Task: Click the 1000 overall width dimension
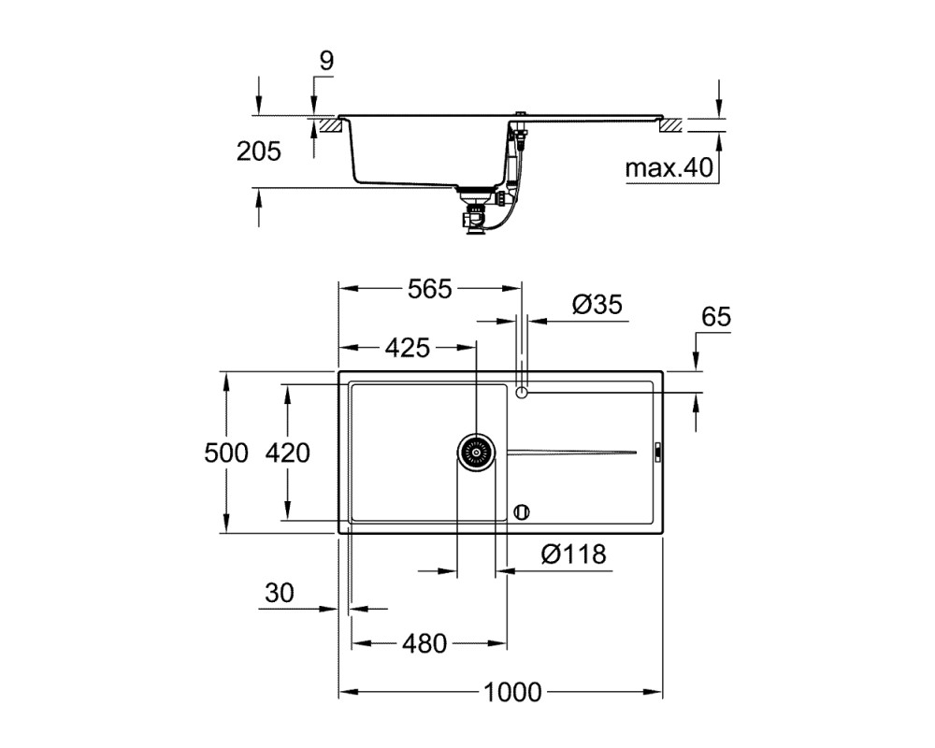(x=512, y=692)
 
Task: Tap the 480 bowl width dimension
(x=424, y=643)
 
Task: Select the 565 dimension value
(x=430, y=289)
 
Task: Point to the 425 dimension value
(x=408, y=348)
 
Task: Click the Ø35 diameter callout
(x=597, y=304)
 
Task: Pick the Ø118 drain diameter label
(x=574, y=554)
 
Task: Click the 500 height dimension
(x=226, y=453)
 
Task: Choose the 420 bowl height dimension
(x=287, y=453)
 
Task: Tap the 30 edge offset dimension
(x=280, y=593)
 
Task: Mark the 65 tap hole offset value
(x=716, y=317)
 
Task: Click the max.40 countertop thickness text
(x=669, y=168)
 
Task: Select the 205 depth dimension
(x=259, y=151)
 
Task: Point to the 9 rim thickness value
(x=326, y=61)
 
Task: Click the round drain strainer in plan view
(x=477, y=453)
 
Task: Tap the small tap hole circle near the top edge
(x=522, y=393)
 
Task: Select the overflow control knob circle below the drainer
(x=522, y=511)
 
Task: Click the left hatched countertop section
(x=330, y=125)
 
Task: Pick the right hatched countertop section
(x=670, y=125)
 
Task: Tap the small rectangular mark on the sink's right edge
(x=657, y=451)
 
